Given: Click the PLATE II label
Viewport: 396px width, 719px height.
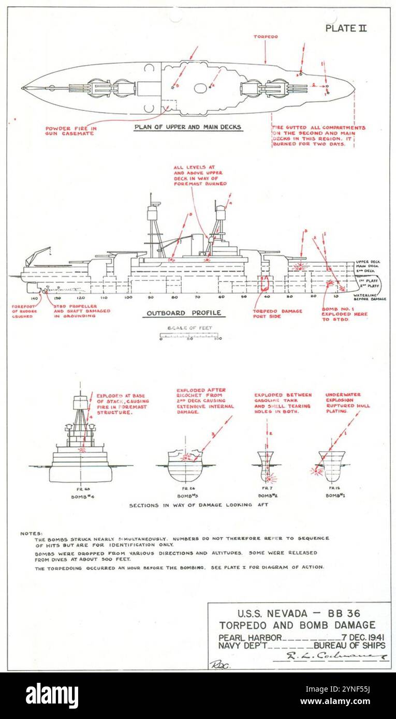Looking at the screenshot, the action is pos(346,28).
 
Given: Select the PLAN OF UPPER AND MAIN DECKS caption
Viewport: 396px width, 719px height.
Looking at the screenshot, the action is pos(188,127).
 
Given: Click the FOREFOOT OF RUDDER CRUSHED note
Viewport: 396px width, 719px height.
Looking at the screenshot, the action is pos(23,311).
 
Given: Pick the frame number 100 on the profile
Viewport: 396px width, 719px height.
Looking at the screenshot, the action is pos(128,298).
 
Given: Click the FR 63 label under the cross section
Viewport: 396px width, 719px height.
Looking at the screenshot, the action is pos(81,488).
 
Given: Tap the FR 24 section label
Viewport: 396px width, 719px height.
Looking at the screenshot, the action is pos(186,488).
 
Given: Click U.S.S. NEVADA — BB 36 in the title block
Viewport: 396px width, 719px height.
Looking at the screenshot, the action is pos(299,615).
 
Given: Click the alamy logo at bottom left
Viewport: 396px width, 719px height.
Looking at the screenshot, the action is pos(52,696).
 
